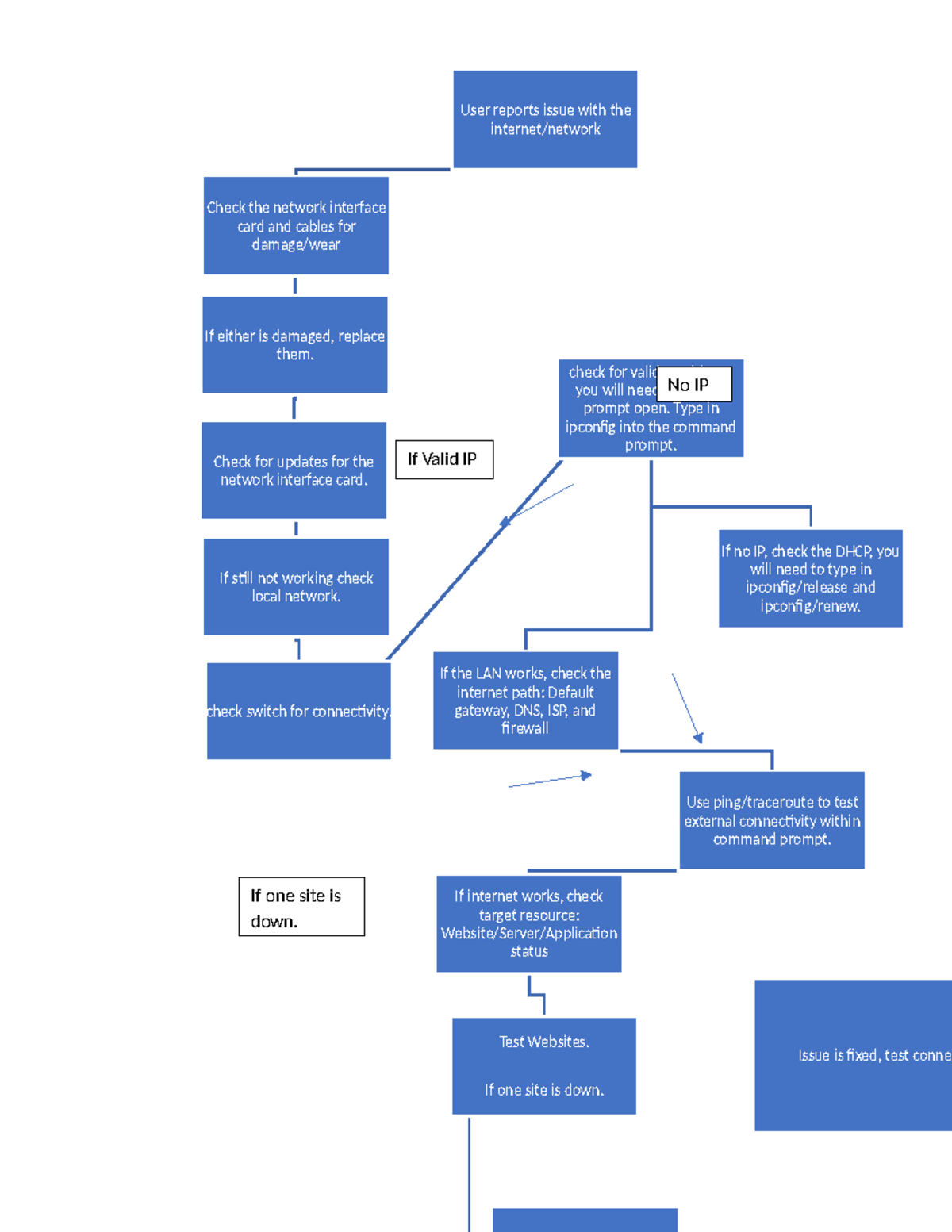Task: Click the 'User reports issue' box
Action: pyautogui.click(x=545, y=119)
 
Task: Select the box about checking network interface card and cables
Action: pyautogui.click(x=296, y=226)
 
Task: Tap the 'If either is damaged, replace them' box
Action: pyautogui.click(x=295, y=345)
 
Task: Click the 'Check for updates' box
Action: pyautogui.click(x=294, y=470)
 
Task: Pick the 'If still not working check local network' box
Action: pyautogui.click(x=296, y=587)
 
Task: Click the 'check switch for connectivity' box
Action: pyautogui.click(x=298, y=712)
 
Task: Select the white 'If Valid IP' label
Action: pyautogui.click(x=444, y=459)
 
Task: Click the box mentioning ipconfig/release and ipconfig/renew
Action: pyautogui.click(x=810, y=578)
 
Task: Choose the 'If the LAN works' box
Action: pyautogui.click(x=525, y=700)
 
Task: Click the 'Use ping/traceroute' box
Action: pyautogui.click(x=772, y=820)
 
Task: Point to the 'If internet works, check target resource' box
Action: pyautogui.click(x=528, y=923)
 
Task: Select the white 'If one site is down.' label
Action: pyautogui.click(x=301, y=907)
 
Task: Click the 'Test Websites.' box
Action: pyautogui.click(x=544, y=1065)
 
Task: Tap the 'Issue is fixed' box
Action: pyautogui.click(x=853, y=1055)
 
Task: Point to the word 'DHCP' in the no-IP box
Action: pyautogui.click(x=854, y=551)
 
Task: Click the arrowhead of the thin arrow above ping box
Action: pyautogui.click(x=698, y=738)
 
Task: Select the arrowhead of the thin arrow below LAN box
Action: pyautogui.click(x=587, y=775)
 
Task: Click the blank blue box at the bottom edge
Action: pyautogui.click(x=585, y=1220)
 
